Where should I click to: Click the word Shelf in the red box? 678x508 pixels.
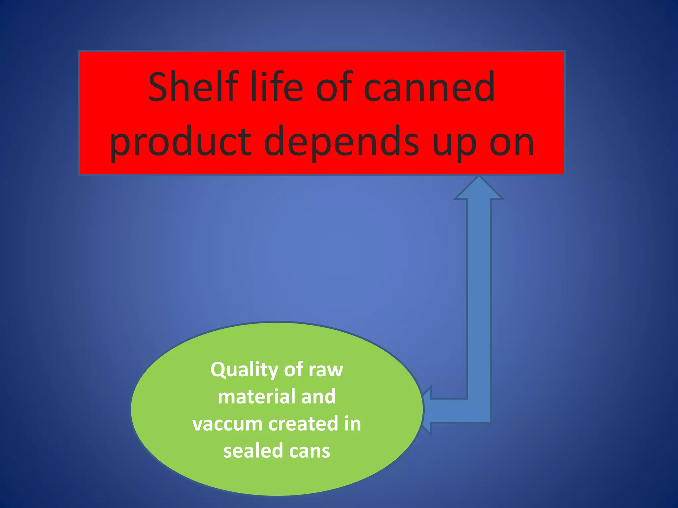pyautogui.click(x=193, y=87)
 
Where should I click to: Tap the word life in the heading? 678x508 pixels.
pyautogui.click(x=276, y=87)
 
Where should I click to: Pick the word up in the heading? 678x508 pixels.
pyautogui.click(x=455, y=146)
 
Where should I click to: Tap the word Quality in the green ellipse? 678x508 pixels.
pyautogui.click(x=244, y=370)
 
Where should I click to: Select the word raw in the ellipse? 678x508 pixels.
pyautogui.click(x=326, y=370)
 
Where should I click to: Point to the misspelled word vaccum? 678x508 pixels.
pyautogui.click(x=227, y=424)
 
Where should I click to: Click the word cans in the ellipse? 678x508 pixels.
pyautogui.click(x=309, y=451)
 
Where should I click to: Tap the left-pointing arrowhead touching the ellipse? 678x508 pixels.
pyautogui.click(x=427, y=410)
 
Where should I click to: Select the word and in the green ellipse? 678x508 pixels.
pyautogui.click(x=318, y=397)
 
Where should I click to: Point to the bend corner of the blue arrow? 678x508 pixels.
pyautogui.click(x=479, y=410)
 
